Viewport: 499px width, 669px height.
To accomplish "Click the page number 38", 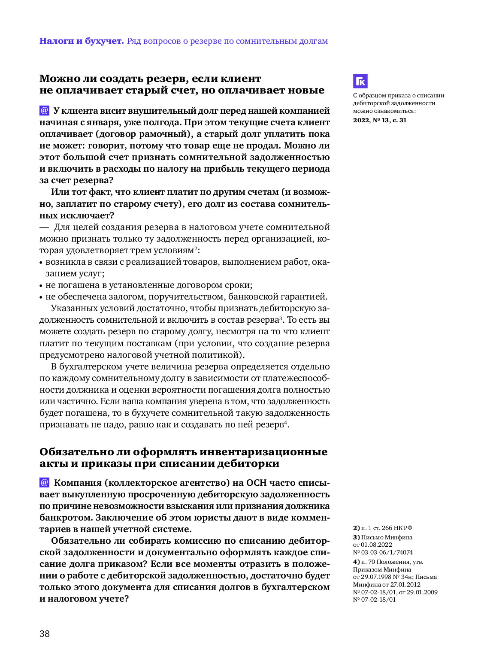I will coord(45,634).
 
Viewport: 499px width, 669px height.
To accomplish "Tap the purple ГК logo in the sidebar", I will coord(360,81).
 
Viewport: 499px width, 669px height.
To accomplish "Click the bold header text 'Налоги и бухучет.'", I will coord(82,41).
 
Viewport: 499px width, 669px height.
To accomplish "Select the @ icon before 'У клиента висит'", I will coord(44,110).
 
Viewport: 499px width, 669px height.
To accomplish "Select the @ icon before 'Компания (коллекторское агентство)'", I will coord(44,482).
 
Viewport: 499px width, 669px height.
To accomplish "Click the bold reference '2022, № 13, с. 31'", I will coord(380,120).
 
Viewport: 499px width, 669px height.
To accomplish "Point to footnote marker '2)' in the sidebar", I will coord(356,528).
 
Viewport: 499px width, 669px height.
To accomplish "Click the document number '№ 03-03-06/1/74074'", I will coord(383,552).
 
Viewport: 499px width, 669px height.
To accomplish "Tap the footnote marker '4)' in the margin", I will coord(356,562).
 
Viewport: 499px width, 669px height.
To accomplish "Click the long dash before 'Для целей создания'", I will coord(44,227).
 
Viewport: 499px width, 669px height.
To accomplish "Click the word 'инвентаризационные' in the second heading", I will coord(263,452).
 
